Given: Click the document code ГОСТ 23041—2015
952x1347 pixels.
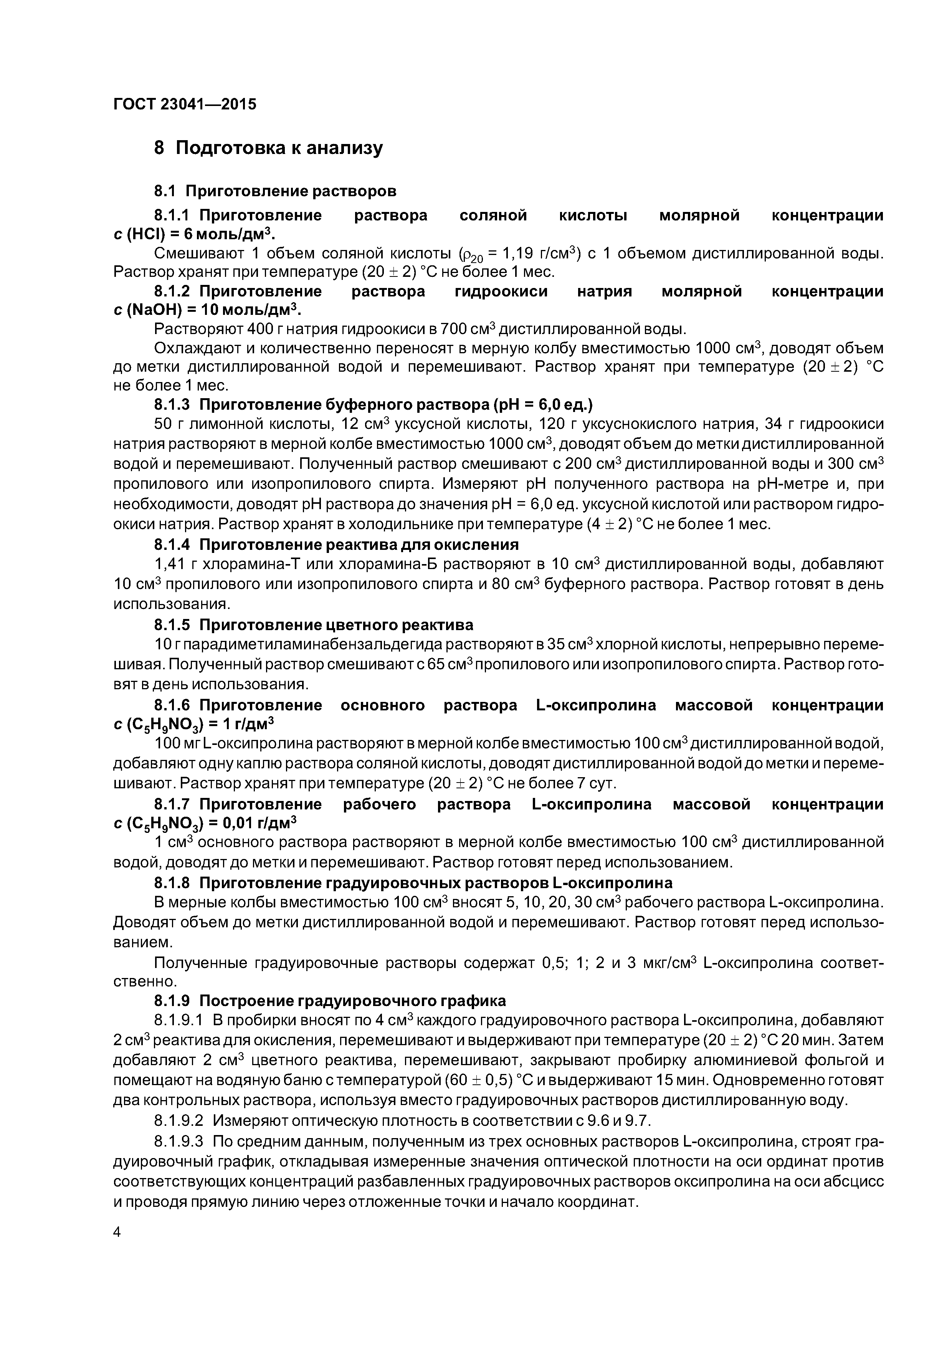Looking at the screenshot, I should [x=185, y=104].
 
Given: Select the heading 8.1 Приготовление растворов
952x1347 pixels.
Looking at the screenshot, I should [x=275, y=191].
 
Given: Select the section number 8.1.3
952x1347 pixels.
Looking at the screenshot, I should [x=172, y=405].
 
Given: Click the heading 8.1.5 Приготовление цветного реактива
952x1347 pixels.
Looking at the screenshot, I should [x=313, y=625].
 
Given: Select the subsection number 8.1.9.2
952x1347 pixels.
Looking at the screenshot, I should [x=178, y=1120].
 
